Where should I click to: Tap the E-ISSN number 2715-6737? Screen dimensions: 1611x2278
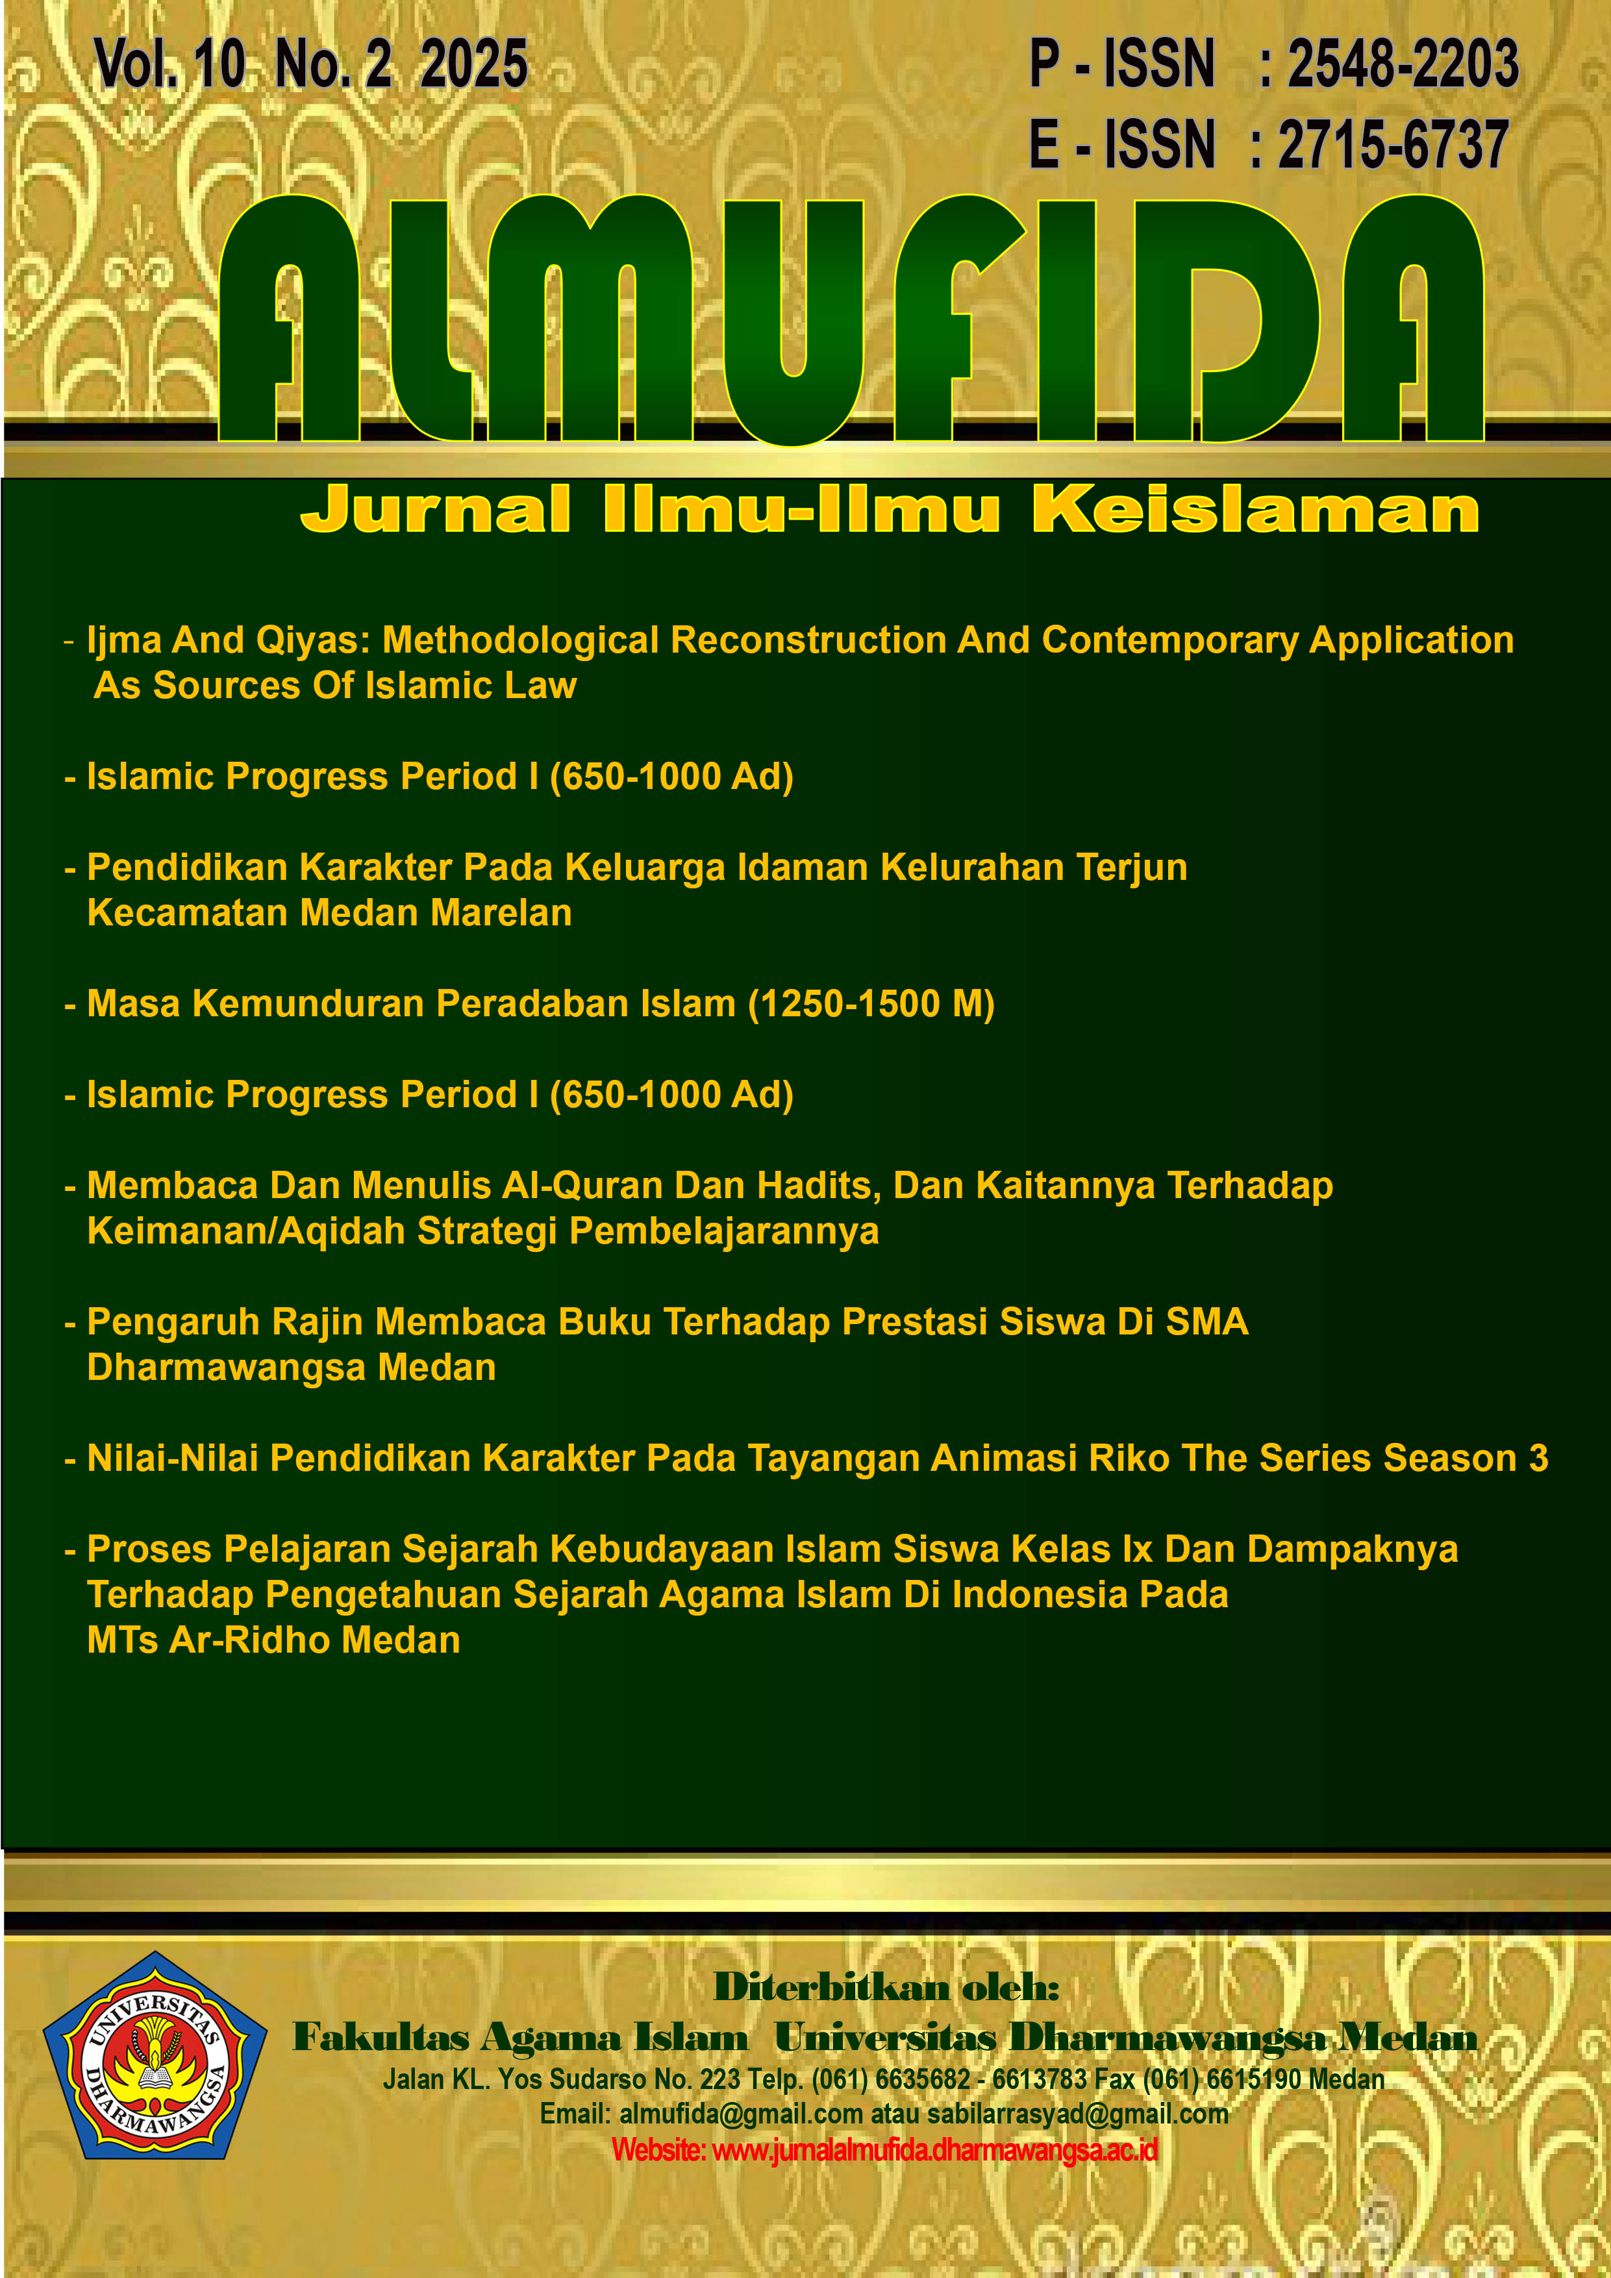pos(1393,145)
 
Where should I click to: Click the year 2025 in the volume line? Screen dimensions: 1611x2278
pos(473,66)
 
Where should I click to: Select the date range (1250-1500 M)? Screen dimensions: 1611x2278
pos(870,1004)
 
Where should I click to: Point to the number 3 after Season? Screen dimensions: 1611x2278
pos(1538,1458)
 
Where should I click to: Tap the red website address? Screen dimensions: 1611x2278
pos(885,2150)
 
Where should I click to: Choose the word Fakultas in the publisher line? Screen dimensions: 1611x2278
pos(381,2038)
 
